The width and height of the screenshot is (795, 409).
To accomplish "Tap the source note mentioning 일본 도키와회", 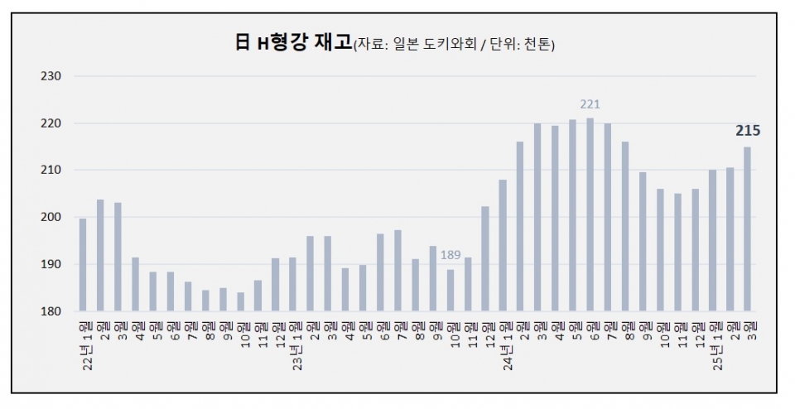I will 455,46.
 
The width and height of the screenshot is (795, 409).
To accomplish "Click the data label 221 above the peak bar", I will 590,104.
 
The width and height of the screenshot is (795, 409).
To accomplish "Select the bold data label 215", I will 748,131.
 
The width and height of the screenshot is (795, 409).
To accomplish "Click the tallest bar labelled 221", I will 590,214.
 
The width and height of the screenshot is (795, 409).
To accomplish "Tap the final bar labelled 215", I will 747,229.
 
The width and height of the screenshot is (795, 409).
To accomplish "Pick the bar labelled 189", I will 450,290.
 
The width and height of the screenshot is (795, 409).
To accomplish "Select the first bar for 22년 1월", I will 83,264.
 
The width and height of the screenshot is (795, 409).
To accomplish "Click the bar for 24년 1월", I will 503,245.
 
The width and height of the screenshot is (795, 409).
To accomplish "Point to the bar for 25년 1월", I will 712,240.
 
